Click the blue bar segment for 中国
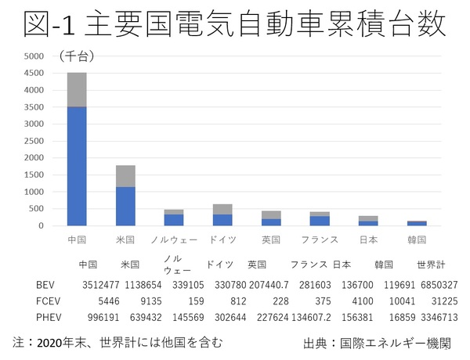77,166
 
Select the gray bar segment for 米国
125,176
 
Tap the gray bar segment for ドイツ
222,209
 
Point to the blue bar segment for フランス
320,221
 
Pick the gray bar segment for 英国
271,214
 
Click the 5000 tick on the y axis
34,56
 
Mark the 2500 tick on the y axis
34,141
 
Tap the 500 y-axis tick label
38,208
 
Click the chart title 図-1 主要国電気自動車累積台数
234,24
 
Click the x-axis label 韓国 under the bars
416,239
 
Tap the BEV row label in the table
46,285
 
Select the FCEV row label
48,301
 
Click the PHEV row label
48,319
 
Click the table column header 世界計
431,265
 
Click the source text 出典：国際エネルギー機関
377,343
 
